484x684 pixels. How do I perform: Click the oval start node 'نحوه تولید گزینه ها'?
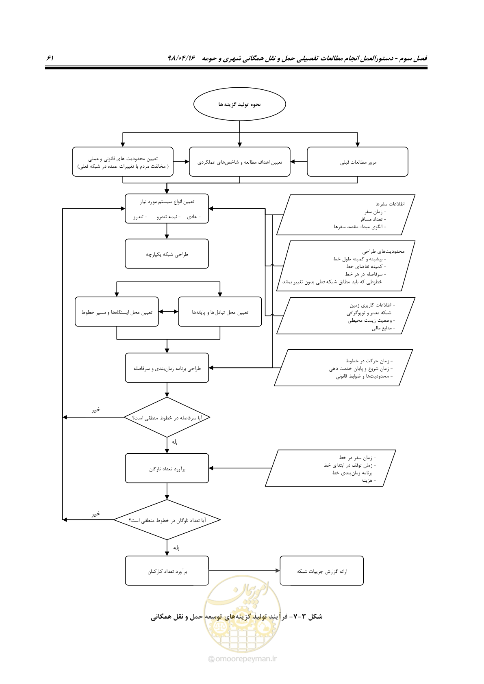pos(239,104)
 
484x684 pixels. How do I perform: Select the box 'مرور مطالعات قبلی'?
pos(358,162)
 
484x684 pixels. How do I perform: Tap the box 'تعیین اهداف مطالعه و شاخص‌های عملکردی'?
pos(239,162)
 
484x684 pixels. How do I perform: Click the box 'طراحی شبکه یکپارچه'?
pos(167,254)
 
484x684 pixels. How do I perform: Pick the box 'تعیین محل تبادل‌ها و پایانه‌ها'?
pos(220,312)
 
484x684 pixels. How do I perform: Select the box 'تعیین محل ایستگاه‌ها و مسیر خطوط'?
pos(117,312)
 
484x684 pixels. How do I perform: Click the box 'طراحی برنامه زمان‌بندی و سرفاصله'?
pos(167,368)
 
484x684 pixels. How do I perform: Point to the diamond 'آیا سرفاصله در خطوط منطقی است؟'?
pos(167,417)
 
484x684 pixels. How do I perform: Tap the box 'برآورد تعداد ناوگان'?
pos(167,468)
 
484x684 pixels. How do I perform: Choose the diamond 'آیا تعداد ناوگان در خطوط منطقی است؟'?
pos(167,520)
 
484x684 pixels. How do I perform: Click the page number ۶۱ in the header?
pos(50,58)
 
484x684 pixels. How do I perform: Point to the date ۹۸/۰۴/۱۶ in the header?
pos(181,58)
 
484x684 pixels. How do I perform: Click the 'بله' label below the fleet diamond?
pos(176,548)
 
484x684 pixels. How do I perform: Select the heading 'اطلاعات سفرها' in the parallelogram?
pos(390,203)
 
